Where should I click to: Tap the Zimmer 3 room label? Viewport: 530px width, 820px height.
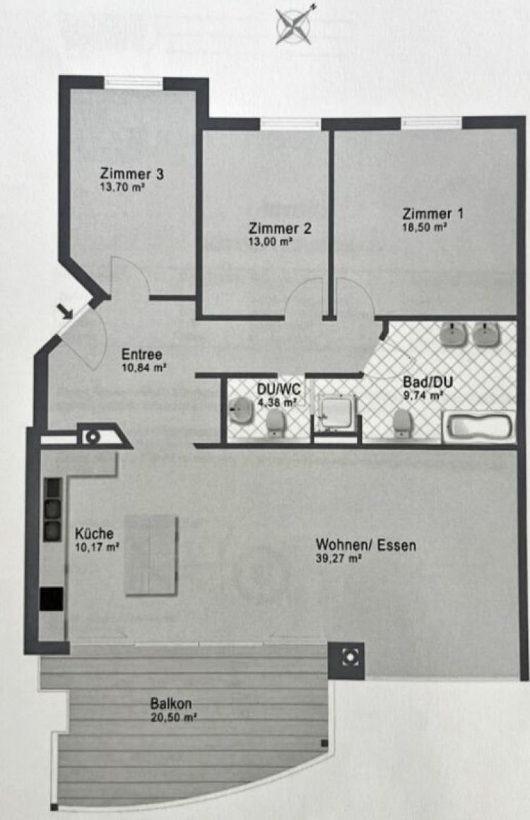point(132,174)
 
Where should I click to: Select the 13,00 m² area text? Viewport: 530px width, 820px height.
point(271,242)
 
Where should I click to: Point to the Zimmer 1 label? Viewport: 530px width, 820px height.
point(432,213)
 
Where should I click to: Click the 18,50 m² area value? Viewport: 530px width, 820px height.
point(424,227)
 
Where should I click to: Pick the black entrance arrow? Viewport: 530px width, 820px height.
point(65,311)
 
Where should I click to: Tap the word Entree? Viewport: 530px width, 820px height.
point(142,354)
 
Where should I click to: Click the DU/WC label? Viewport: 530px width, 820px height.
point(279,389)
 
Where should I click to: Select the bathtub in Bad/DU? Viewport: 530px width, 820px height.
point(478,427)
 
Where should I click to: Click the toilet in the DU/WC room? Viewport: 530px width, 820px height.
point(275,422)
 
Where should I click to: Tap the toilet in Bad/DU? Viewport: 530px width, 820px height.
point(402,422)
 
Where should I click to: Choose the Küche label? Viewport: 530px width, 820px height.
point(94,533)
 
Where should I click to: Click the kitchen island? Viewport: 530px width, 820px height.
point(151,555)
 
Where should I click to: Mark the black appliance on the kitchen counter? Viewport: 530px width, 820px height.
point(52,599)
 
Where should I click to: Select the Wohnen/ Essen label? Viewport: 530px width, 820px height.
point(366,545)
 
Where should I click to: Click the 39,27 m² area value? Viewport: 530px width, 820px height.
point(339,559)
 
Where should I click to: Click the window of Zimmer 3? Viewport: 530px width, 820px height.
point(134,82)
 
